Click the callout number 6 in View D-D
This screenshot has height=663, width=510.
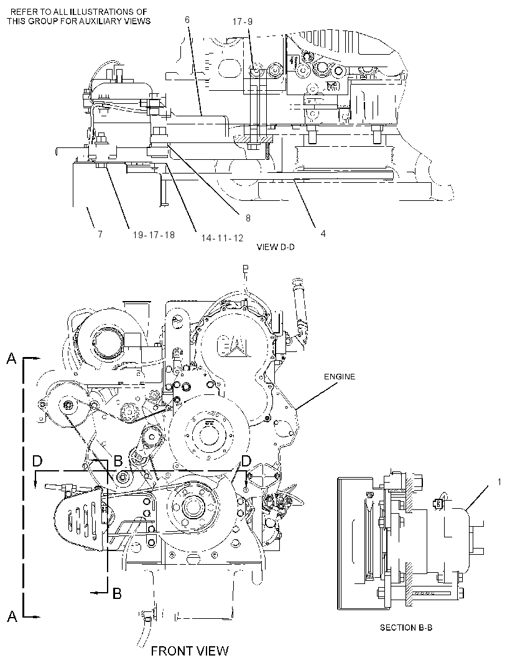(x=187, y=20)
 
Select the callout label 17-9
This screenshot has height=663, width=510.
(x=243, y=22)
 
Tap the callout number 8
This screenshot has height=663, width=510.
(x=248, y=218)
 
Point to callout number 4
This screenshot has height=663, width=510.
(x=323, y=233)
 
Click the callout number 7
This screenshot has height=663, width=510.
(x=100, y=234)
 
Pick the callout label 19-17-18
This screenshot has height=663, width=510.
(x=154, y=234)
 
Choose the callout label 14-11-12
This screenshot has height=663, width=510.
(x=222, y=238)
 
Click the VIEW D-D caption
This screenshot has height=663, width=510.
(x=276, y=247)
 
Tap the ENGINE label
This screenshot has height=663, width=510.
(x=340, y=376)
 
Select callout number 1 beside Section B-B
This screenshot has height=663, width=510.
(x=499, y=481)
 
